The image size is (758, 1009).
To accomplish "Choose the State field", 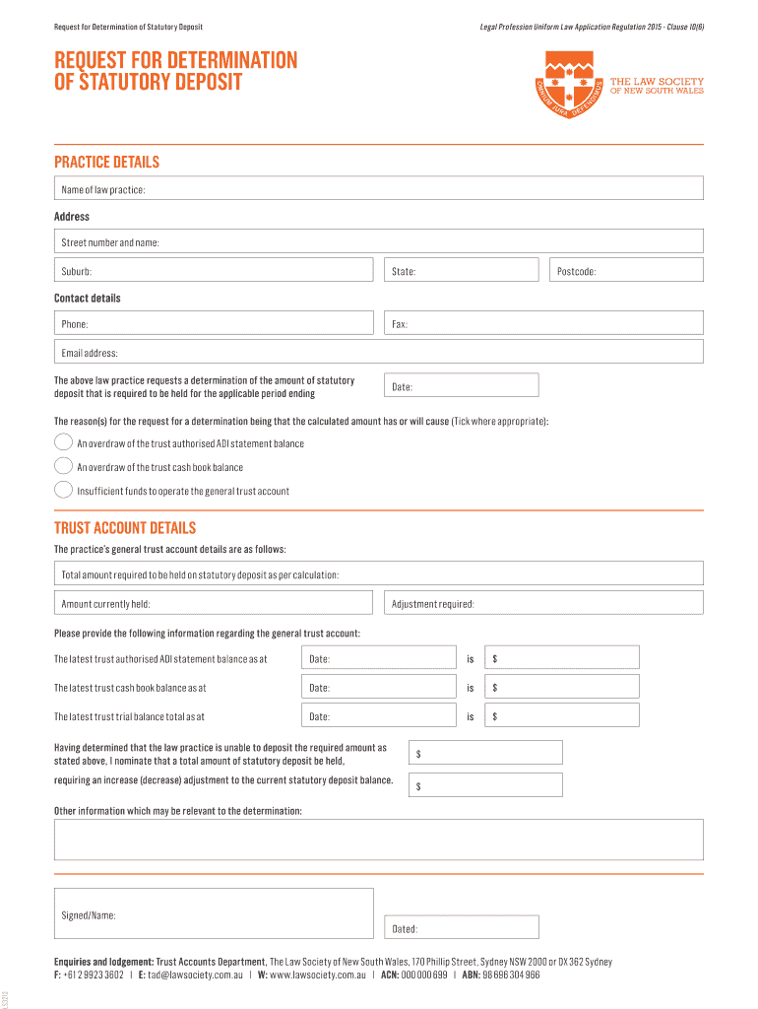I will point(461,270).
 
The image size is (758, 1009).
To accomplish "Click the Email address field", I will point(379,352).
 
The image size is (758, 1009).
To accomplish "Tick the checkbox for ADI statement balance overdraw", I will point(63,442).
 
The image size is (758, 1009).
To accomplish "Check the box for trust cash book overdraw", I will point(63,466).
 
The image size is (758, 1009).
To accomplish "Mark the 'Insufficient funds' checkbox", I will point(63,490).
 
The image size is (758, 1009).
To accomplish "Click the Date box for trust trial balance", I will point(378,716).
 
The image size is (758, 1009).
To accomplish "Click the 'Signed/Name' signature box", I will point(214,914).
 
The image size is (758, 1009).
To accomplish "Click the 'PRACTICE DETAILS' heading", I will point(106,163).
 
